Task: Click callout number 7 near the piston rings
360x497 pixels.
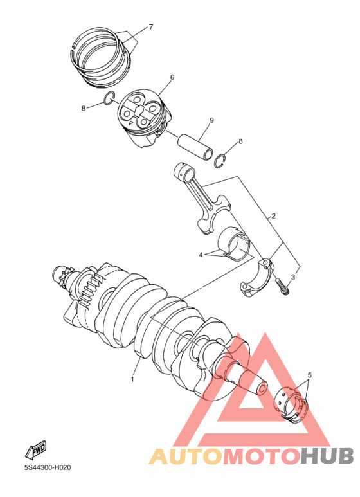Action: tap(150, 27)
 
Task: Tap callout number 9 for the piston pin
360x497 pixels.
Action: tap(211, 121)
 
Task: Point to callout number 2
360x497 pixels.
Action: tap(273, 216)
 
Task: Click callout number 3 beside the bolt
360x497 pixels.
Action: tap(292, 277)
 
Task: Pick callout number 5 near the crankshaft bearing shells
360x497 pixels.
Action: tap(309, 375)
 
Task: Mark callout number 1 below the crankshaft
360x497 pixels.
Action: tap(133, 379)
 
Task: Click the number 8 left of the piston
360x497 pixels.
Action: tap(84, 108)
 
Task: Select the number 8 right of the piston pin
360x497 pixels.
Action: tap(240, 141)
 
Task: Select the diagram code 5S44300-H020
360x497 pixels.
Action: tap(48, 467)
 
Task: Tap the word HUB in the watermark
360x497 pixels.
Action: tap(327, 456)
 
